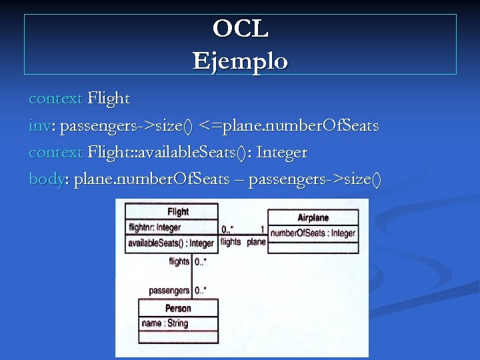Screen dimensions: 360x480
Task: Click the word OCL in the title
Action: (x=240, y=29)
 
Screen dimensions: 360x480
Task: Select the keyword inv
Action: (x=38, y=125)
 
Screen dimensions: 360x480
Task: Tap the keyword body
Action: (x=45, y=179)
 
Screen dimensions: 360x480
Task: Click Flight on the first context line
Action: (x=109, y=99)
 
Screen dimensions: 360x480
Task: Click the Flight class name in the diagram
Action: (x=178, y=211)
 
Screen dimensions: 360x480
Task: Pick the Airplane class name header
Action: (x=313, y=217)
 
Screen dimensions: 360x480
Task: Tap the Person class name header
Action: (x=178, y=308)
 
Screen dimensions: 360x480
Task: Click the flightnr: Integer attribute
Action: (x=155, y=227)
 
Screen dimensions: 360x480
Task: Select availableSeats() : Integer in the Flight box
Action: (x=171, y=243)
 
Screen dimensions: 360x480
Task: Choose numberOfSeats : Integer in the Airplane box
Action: (x=313, y=233)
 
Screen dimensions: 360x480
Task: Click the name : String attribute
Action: (x=165, y=323)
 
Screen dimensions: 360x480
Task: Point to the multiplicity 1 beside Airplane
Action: (x=262, y=229)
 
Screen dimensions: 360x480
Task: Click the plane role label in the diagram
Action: (x=256, y=242)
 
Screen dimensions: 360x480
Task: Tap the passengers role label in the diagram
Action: (x=169, y=291)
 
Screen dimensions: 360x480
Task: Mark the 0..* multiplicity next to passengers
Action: (x=200, y=291)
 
